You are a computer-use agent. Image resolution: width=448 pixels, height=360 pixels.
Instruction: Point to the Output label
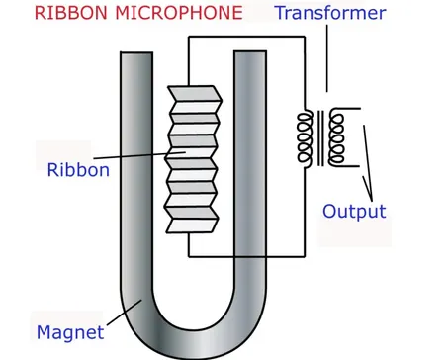click(x=354, y=211)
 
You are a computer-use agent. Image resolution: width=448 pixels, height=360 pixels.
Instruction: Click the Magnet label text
click(x=70, y=331)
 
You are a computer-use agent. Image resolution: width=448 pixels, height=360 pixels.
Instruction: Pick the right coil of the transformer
click(x=337, y=137)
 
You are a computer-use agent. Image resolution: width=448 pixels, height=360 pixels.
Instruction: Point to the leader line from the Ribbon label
click(x=138, y=160)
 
